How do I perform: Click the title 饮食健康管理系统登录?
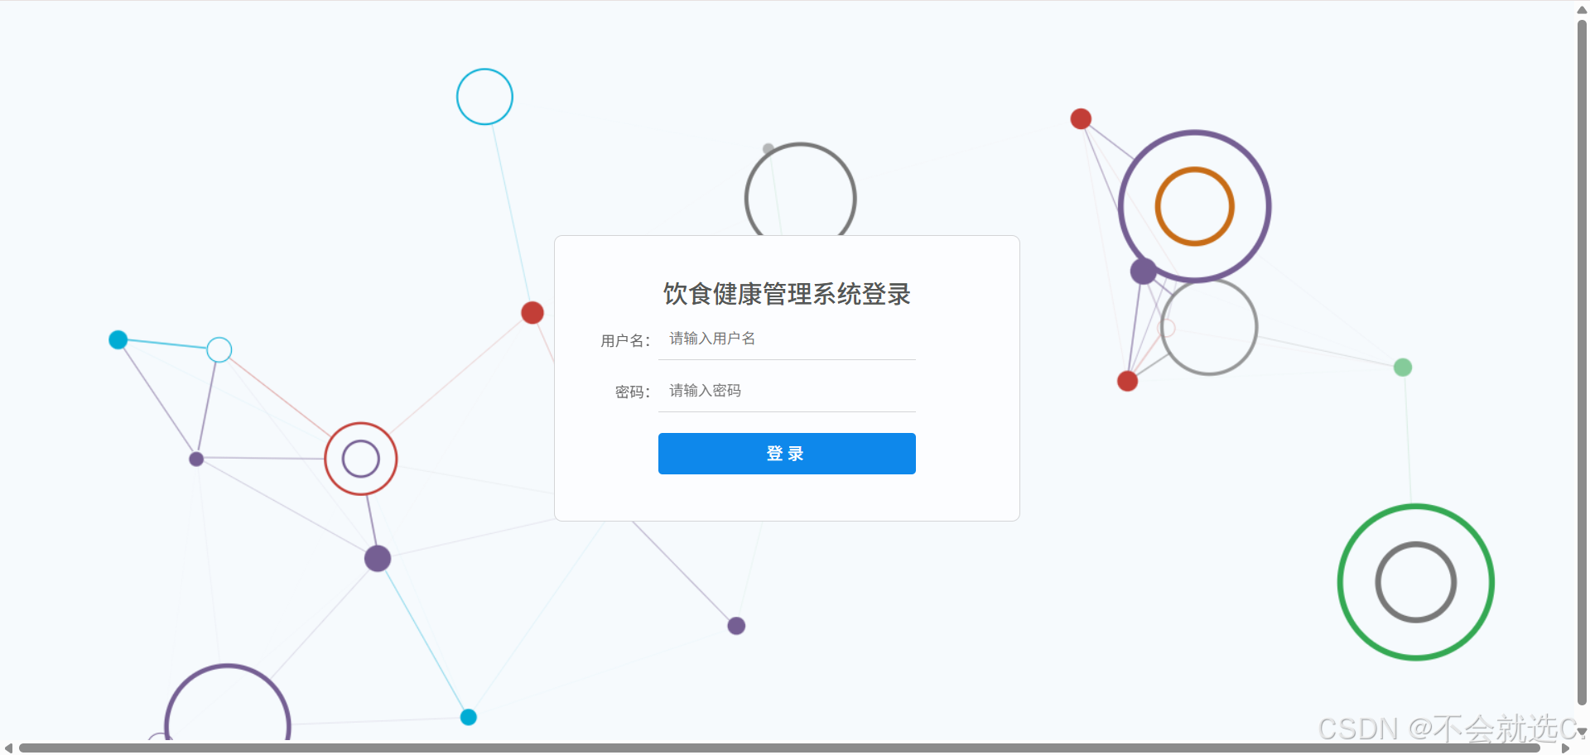[x=787, y=294]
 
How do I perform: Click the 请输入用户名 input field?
[x=787, y=339]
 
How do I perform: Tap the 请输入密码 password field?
[x=787, y=391]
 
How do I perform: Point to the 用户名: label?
[x=625, y=340]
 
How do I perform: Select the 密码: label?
[x=633, y=392]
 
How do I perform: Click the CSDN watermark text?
[x=1446, y=729]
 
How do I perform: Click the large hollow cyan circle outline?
[x=484, y=70]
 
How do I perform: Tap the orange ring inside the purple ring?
[x=1195, y=170]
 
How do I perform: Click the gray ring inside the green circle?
[x=1416, y=545]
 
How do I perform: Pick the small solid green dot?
[x=1403, y=367]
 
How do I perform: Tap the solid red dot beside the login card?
[x=532, y=313]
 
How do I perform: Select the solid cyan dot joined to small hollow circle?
[x=118, y=339]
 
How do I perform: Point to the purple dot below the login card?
[x=736, y=626]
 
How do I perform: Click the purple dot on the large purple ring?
[x=1144, y=271]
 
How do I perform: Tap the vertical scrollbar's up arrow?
[x=1582, y=10]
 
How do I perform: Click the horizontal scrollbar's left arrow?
[x=7, y=748]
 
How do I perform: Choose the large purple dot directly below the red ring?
[x=378, y=559]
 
